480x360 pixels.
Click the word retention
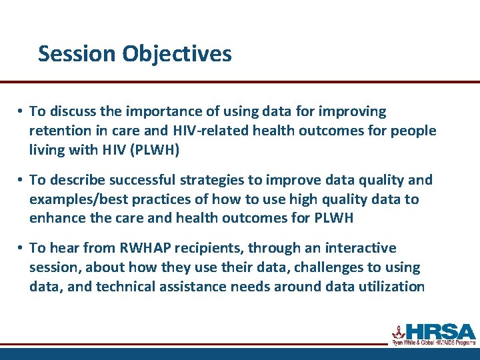(x=59, y=131)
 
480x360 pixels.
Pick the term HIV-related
(x=210, y=131)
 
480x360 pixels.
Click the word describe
(x=77, y=180)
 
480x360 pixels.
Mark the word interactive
(x=361, y=249)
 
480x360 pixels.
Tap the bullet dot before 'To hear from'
(x=22, y=249)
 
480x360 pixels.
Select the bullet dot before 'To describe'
(x=22, y=180)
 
